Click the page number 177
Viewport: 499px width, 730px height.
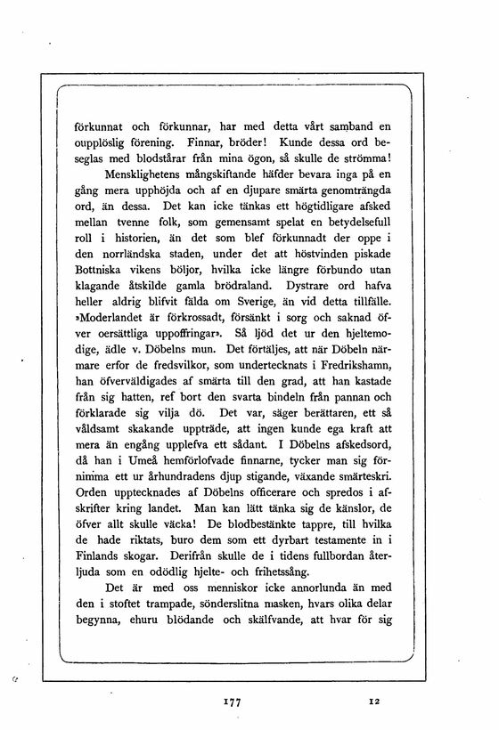[235, 702]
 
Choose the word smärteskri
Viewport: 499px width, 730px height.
[368, 478]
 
